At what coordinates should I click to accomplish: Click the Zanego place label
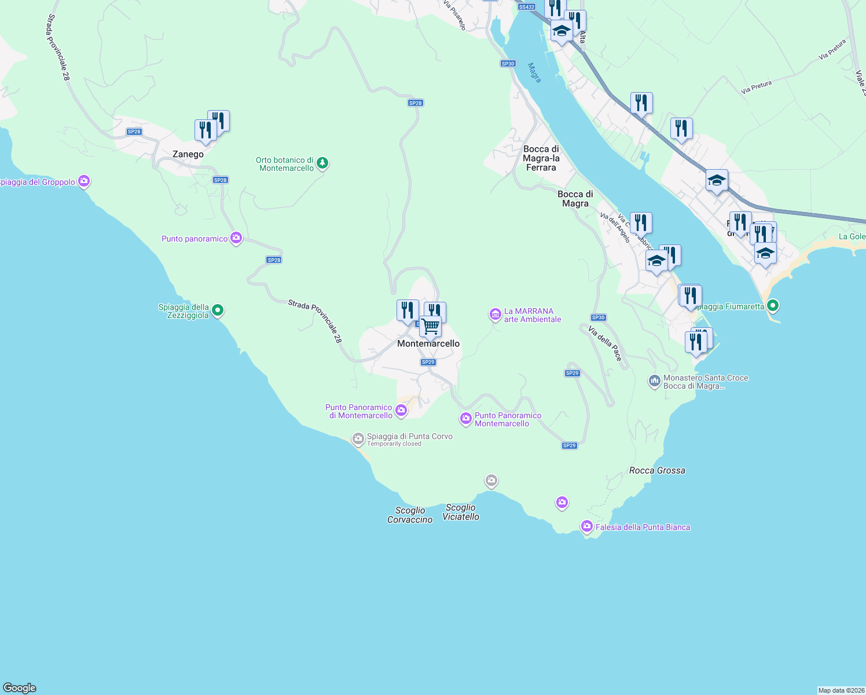[x=188, y=154]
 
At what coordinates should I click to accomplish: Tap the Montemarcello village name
[x=428, y=343]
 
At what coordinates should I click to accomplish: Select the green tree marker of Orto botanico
[x=323, y=163]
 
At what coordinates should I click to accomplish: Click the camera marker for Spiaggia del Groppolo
[x=85, y=182]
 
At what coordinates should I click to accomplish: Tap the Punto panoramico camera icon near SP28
[x=236, y=238]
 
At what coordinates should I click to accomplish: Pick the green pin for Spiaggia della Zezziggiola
[x=218, y=310]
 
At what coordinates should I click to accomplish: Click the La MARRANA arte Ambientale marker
[x=495, y=314]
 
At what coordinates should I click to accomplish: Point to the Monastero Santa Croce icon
[x=655, y=381]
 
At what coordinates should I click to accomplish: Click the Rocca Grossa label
[x=657, y=470]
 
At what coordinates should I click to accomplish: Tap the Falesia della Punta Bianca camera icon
[x=587, y=526]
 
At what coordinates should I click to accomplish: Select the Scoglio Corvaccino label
[x=410, y=515]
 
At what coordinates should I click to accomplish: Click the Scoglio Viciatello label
[x=461, y=512]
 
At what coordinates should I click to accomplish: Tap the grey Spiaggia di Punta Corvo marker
[x=358, y=438]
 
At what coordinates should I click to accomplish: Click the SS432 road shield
[x=526, y=7]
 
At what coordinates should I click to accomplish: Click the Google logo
[x=20, y=688]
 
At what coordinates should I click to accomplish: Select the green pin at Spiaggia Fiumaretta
[x=773, y=305]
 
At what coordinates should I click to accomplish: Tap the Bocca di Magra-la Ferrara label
[x=541, y=158]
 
